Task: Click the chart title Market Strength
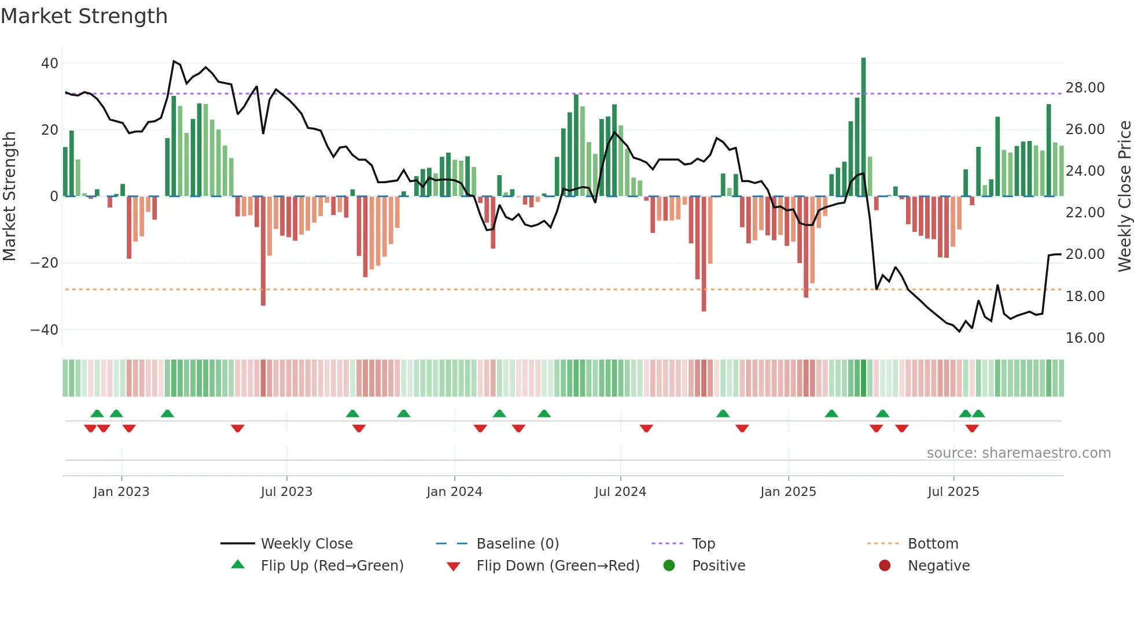pyautogui.click(x=84, y=16)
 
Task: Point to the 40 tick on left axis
pyautogui.click(x=50, y=64)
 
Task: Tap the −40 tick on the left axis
pyautogui.click(x=45, y=330)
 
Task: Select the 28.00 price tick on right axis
pyautogui.click(x=1085, y=88)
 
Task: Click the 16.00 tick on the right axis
pyautogui.click(x=1085, y=338)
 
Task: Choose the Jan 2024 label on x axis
pyautogui.click(x=454, y=492)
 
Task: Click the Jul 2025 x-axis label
pyautogui.click(x=953, y=492)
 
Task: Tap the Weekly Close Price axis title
pyautogui.click(x=1124, y=197)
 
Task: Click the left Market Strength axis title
pyautogui.click(x=10, y=197)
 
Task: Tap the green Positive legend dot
pyautogui.click(x=669, y=566)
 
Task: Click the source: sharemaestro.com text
pyautogui.click(x=1018, y=453)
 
